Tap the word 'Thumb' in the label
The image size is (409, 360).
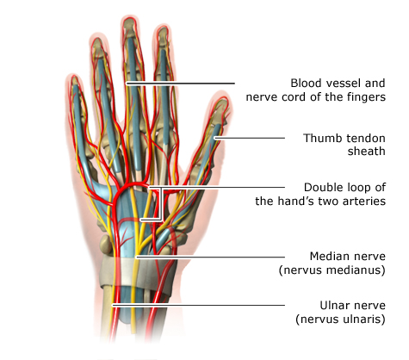tap(319, 138)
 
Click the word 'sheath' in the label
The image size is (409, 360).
tap(366, 151)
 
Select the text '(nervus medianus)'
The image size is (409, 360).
tap(332, 270)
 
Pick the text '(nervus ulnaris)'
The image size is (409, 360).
tap(340, 320)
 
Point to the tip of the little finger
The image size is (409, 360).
tap(74, 76)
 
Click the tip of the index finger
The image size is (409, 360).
tap(163, 27)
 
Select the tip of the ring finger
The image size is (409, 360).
tap(98, 37)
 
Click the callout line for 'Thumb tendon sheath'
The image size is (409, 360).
tap(250, 138)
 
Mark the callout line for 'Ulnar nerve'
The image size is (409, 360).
tap(198, 305)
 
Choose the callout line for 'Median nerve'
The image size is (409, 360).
tap(210, 257)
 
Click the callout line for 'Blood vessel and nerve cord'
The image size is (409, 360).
tap(181, 84)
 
